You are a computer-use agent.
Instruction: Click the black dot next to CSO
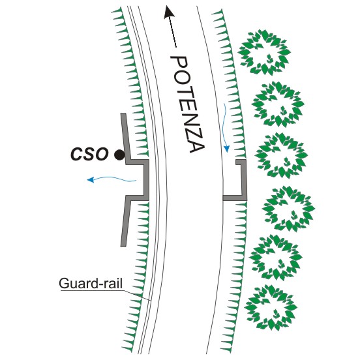[x=119, y=155]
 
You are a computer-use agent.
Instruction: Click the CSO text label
[x=89, y=154]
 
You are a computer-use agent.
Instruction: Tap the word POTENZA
[x=187, y=104]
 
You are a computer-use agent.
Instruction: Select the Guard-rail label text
[x=91, y=283]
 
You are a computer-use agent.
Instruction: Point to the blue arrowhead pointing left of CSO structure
[x=91, y=179]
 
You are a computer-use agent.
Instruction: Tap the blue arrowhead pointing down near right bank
[x=227, y=149]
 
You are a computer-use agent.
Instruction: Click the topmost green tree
[x=264, y=53]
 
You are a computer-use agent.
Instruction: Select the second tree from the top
[x=278, y=104]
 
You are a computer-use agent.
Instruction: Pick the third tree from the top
[x=281, y=155]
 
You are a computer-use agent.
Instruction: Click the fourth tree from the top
[x=288, y=209]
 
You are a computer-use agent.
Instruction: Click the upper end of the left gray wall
[x=123, y=113]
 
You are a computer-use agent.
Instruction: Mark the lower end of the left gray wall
[x=123, y=246]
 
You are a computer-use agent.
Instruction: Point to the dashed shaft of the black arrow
[x=173, y=32]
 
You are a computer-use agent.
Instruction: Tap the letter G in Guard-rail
[x=64, y=283]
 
